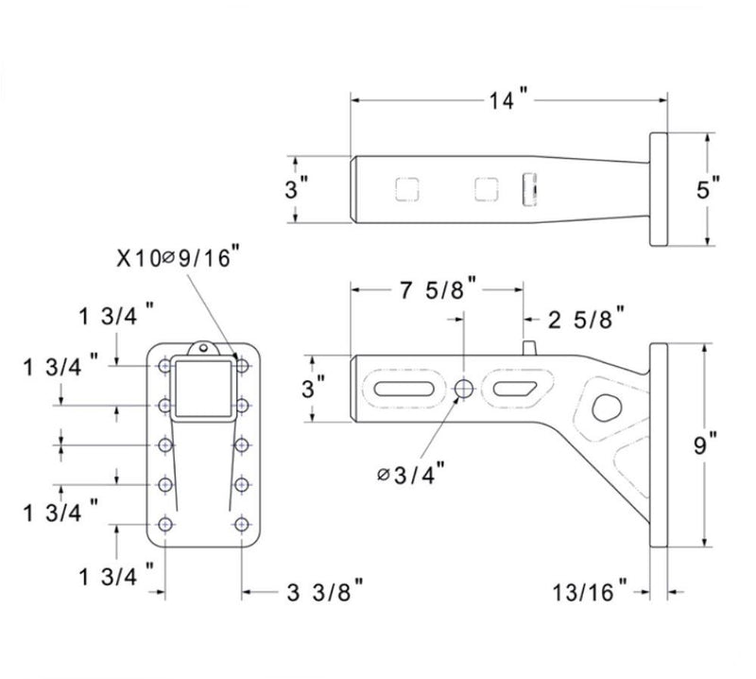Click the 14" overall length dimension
(x=507, y=100)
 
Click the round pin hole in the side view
(x=465, y=388)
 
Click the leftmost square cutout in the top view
(x=407, y=189)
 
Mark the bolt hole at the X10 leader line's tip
(x=243, y=364)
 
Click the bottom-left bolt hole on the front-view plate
(x=166, y=524)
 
